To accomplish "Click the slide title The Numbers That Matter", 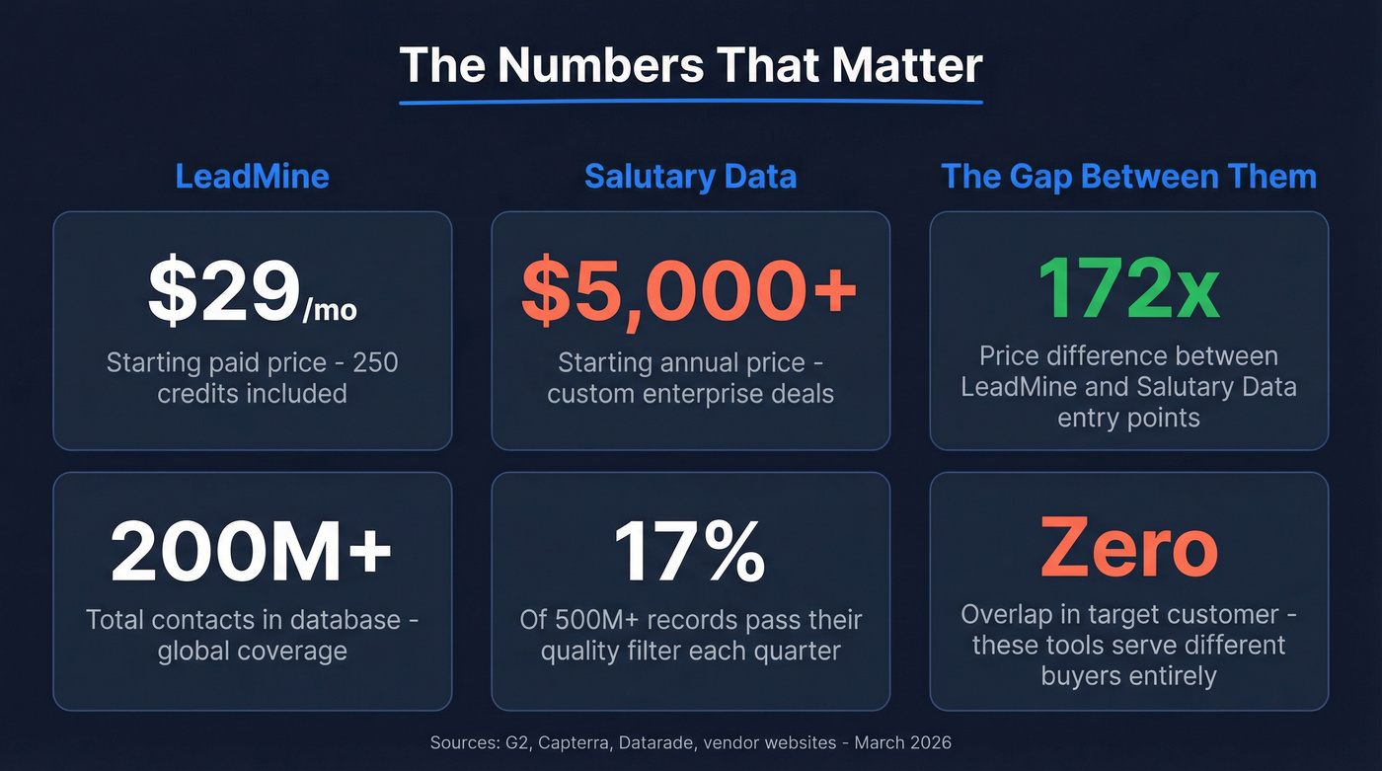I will pyautogui.click(x=691, y=65).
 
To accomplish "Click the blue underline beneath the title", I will pyautogui.click(x=691, y=101).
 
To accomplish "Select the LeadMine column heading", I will pyautogui.click(x=252, y=177).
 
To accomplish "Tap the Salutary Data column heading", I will pyautogui.click(x=690, y=177).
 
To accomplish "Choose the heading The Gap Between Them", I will pyautogui.click(x=1128, y=177).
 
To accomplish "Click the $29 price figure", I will pyautogui.click(x=224, y=293).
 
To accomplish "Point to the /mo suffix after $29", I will pyautogui.click(x=330, y=311).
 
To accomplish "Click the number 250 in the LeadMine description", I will pyautogui.click(x=376, y=362).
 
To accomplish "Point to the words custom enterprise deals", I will pyautogui.click(x=691, y=394).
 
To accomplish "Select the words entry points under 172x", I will pyautogui.click(x=1128, y=418).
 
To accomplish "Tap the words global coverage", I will pyautogui.click(x=252, y=652).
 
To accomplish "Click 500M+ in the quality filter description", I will pyautogui.click(x=604, y=621).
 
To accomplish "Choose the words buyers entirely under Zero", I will pyautogui.click(x=1128, y=676).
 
